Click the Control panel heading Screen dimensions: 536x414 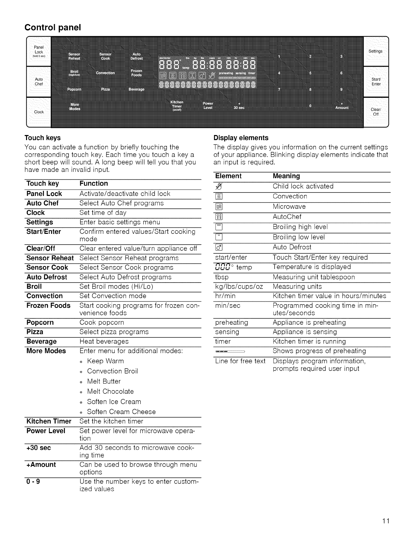coord(53,27)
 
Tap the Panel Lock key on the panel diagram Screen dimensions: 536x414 coord(39,51)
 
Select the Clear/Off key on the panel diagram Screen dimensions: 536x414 coord(375,112)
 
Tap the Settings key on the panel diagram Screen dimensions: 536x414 coord(375,51)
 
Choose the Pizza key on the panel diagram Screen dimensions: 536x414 coord(105,89)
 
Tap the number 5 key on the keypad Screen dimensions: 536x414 coord(310,73)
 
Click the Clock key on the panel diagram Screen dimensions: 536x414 coord(39,112)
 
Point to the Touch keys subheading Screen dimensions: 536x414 coord(43,138)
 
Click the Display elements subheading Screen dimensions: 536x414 coord(241,138)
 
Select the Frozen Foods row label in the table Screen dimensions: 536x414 coord(48,306)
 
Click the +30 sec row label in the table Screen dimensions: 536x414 coord(39,448)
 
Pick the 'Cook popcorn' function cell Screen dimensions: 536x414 coord(102,322)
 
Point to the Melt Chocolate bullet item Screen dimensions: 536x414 coord(110,392)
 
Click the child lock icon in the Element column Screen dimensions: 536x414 coord(218,186)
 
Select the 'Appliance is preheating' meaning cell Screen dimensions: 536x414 coord(309,322)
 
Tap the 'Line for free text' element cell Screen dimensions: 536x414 coord(240,361)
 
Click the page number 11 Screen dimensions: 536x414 coord(387,520)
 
